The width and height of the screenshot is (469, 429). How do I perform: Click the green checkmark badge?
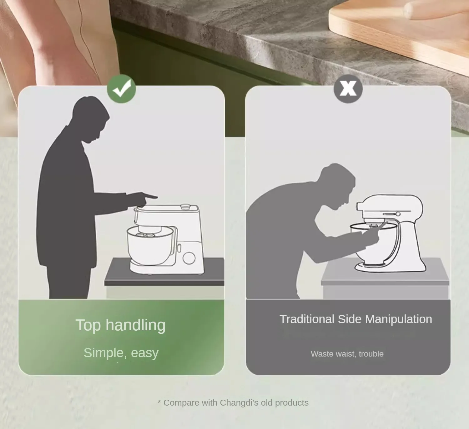121,89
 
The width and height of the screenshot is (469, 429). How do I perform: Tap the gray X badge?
348,89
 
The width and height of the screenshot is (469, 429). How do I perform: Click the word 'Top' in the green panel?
88,325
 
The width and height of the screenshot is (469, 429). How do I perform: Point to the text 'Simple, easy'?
121,353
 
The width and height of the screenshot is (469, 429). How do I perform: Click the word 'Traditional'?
307,319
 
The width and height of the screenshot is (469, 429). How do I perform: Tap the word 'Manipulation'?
398,319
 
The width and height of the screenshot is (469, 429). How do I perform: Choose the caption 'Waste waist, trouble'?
347,354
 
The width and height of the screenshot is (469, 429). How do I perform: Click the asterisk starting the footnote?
159,402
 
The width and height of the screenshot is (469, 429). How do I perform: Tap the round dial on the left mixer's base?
189,258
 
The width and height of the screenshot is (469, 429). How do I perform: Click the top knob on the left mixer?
186,206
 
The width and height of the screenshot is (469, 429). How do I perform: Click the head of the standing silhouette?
90,119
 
